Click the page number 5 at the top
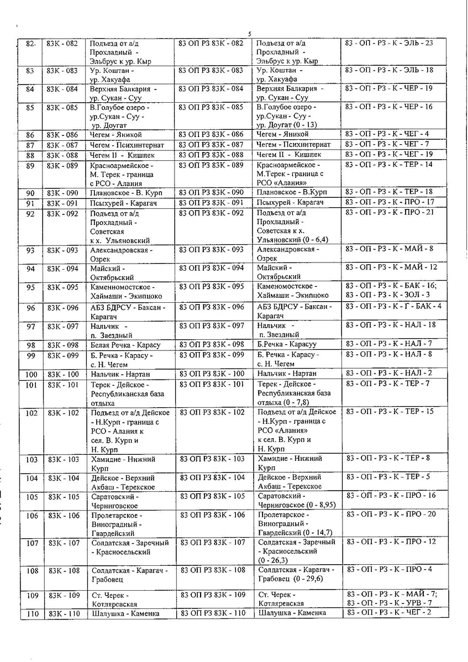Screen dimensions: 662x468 250,34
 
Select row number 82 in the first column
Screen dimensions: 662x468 30,43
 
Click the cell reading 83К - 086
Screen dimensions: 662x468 63,134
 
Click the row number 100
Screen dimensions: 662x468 31,375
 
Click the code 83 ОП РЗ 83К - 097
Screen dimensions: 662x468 212,325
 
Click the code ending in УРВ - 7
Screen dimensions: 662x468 388,602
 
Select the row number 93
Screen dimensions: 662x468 30,250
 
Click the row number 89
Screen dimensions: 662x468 30,165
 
